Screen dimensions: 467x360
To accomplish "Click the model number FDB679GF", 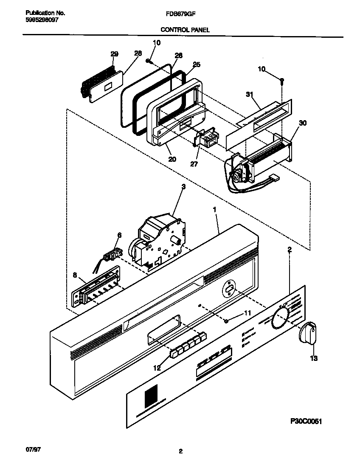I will pyautogui.click(x=180, y=14).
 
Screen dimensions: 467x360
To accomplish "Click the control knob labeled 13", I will pyautogui.click(x=308, y=331).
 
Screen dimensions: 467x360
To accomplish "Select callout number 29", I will pyautogui.click(x=114, y=54).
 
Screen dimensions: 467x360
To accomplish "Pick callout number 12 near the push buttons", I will pyautogui.click(x=157, y=368).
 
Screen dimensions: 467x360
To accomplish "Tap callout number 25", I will pyautogui.click(x=196, y=65).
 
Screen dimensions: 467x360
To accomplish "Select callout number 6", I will pyautogui.click(x=119, y=235).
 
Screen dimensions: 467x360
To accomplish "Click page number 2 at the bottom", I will pyautogui.click(x=180, y=452).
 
